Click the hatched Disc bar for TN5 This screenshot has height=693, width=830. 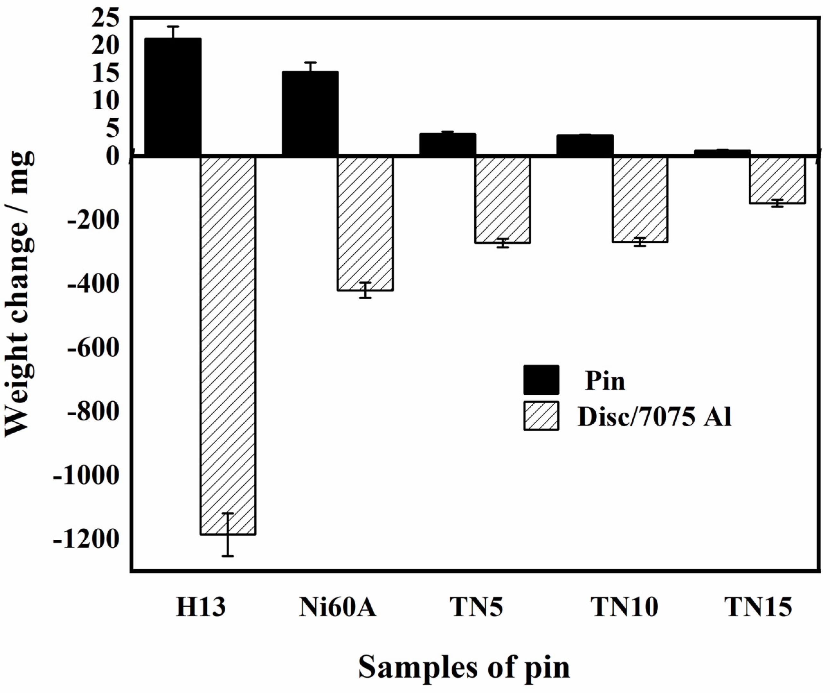coord(502,200)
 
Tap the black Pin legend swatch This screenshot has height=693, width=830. coord(541,380)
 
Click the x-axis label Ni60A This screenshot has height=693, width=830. coord(338,607)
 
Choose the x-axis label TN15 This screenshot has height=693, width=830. coord(758,607)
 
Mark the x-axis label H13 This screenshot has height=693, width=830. coord(201,607)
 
